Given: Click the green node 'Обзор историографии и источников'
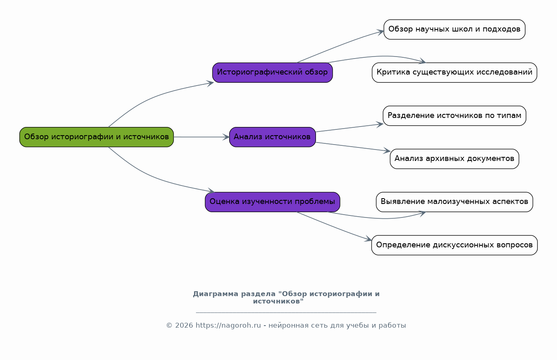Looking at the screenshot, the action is click(x=97, y=137).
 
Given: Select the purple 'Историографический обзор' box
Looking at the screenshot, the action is click(x=273, y=72).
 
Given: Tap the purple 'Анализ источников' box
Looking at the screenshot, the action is click(x=273, y=137).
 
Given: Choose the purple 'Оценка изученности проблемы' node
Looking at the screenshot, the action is click(x=273, y=202).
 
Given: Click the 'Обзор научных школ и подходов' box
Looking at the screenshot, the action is click(x=454, y=29).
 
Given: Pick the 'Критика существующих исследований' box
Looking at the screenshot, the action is click(x=454, y=72).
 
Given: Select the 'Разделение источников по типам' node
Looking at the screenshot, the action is click(x=454, y=115).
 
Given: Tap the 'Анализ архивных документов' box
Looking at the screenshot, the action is click(x=454, y=159).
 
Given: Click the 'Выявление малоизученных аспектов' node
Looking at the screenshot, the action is click(x=454, y=202).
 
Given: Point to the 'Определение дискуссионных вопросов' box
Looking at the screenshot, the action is click(x=454, y=245).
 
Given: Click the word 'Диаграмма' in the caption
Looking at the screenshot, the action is click(x=216, y=294).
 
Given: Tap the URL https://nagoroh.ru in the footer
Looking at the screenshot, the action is click(x=228, y=326).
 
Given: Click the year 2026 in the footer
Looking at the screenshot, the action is click(x=184, y=326).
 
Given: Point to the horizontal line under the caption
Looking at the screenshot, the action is click(x=286, y=312).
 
